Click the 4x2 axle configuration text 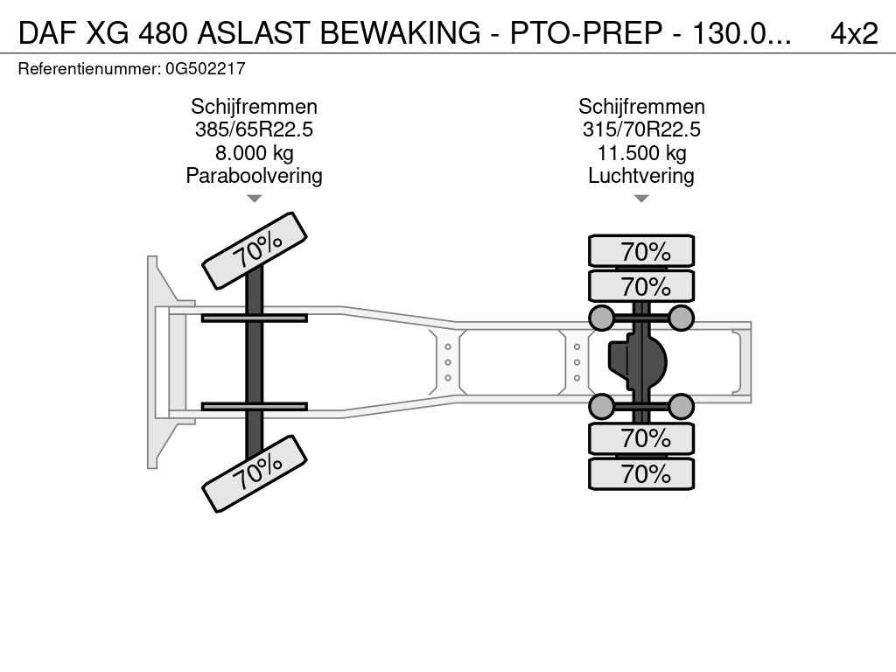pos(854,33)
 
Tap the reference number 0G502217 pos(205,68)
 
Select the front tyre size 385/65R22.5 pos(254,129)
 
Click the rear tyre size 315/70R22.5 pos(641,129)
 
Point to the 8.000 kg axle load pos(255,152)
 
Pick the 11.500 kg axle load pos(641,152)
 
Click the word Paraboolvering pos(255,175)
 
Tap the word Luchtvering pos(641,175)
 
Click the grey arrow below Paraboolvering pos(255,199)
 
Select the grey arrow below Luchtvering pos(641,199)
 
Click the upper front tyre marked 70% pos(255,251)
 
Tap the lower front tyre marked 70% pos(255,473)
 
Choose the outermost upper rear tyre pos(641,251)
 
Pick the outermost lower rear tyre pos(641,473)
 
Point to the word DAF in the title pos(47,33)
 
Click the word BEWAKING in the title pos(400,33)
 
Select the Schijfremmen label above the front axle pos(255,107)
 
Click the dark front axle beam pos(255,362)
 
